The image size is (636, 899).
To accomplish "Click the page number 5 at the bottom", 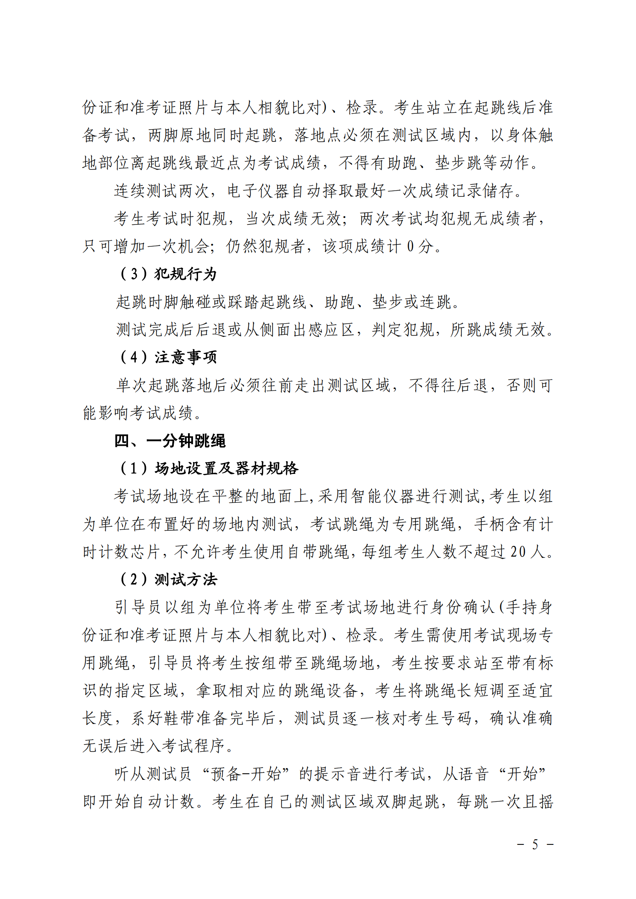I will [x=535, y=844].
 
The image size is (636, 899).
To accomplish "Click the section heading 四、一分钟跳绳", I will [x=170, y=441].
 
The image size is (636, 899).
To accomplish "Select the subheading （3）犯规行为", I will [x=168, y=274].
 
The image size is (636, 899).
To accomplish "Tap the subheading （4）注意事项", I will [x=168, y=357].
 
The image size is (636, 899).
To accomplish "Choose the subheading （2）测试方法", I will [x=168, y=580].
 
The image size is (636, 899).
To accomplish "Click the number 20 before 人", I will [x=518, y=552].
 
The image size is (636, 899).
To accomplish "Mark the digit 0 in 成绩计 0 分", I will [x=410, y=246].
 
